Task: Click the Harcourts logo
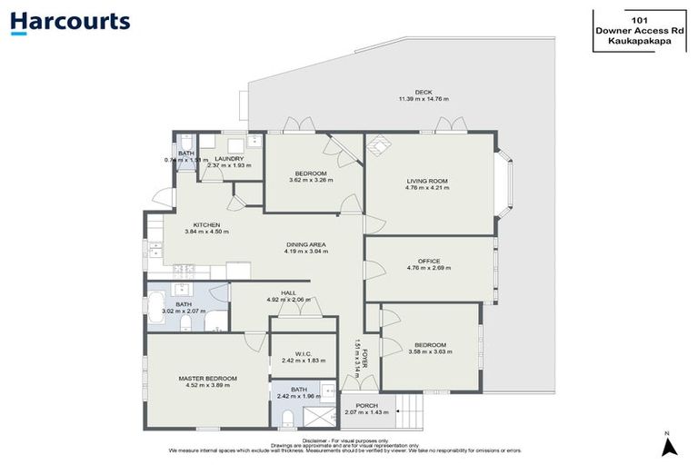coord(70,22)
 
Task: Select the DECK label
coord(423,91)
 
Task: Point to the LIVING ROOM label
coord(427,182)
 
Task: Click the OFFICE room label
coord(427,260)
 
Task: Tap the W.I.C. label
coord(304,354)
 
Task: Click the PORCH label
coord(366,405)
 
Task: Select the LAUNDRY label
coord(229,158)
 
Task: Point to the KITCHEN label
coord(206,225)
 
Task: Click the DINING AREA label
coord(306,244)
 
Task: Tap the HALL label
coord(288,292)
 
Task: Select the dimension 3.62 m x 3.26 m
coord(311,180)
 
